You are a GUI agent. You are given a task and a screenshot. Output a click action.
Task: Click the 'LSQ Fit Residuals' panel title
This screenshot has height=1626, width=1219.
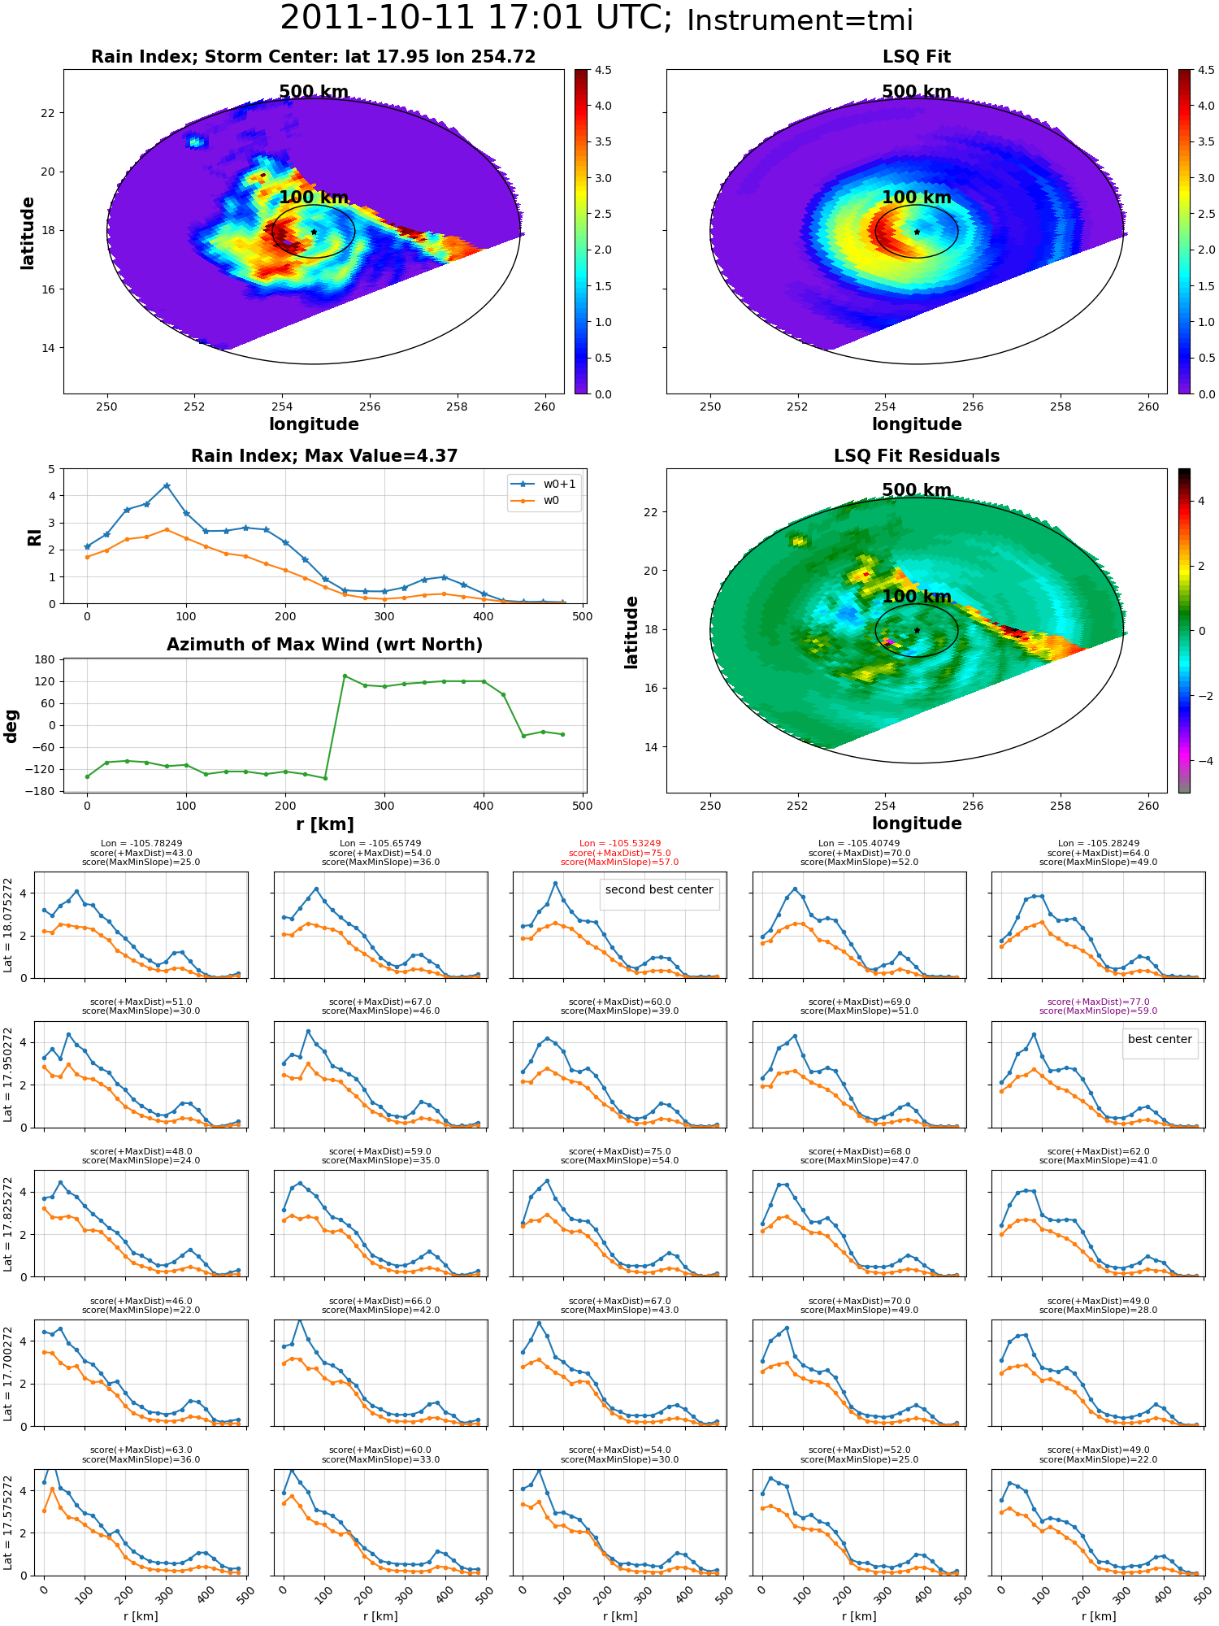(917, 456)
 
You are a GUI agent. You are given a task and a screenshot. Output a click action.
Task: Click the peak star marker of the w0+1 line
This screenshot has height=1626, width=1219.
(167, 485)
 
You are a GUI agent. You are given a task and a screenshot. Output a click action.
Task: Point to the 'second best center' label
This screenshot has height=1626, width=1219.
(659, 889)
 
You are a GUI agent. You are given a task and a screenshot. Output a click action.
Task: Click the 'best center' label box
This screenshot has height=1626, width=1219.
(1160, 1039)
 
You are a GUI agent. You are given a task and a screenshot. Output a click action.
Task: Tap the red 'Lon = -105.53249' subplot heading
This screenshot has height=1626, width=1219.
(619, 844)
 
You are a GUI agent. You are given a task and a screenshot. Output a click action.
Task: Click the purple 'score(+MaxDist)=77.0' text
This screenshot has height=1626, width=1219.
(1098, 1002)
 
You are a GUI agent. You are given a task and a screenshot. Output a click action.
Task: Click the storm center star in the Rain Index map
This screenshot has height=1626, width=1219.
(314, 232)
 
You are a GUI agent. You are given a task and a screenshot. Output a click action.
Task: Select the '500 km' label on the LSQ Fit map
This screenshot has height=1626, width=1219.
(917, 92)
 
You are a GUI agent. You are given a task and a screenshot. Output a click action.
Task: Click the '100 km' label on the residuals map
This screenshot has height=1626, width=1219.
(917, 596)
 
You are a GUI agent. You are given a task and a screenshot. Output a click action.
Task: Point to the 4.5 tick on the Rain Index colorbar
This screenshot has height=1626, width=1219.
(603, 70)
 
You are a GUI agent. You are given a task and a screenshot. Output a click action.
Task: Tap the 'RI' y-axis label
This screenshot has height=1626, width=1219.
(34, 537)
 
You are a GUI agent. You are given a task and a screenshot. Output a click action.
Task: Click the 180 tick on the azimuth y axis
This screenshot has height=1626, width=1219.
(46, 659)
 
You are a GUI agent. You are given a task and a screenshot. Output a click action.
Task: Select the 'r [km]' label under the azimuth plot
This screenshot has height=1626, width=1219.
(325, 824)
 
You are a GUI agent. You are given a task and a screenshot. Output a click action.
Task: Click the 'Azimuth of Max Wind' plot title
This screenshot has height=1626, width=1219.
(325, 645)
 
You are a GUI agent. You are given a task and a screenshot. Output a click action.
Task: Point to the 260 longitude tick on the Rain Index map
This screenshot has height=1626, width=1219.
(544, 406)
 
